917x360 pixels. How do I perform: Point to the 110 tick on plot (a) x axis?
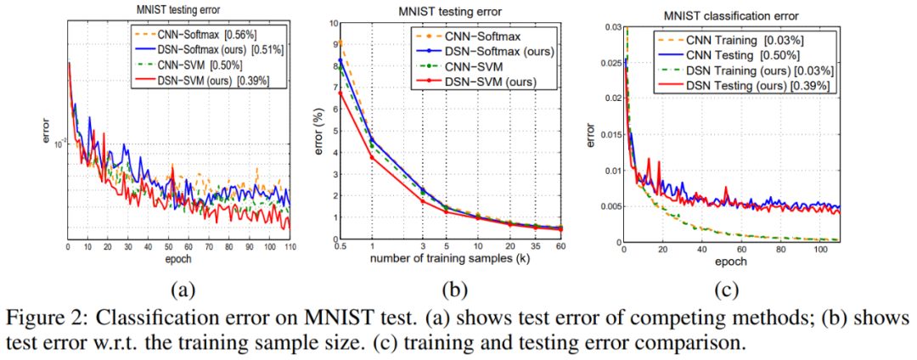pos(290,247)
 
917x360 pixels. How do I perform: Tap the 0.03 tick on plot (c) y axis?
pos(607,25)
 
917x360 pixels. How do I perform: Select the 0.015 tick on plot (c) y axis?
pos(605,133)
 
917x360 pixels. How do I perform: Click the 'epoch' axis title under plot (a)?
pos(179,257)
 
